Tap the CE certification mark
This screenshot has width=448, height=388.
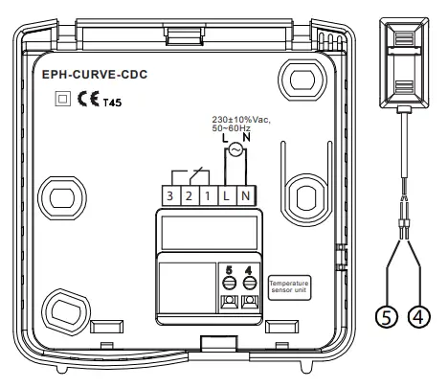[84, 98]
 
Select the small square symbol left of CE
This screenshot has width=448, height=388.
[62, 98]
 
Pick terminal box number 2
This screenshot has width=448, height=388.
[188, 195]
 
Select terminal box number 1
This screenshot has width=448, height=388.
[207, 195]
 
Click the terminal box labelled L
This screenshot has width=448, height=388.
[226, 195]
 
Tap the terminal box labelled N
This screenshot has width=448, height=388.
[245, 195]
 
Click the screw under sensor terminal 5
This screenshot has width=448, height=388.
[229, 284]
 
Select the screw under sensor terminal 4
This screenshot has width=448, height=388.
[249, 284]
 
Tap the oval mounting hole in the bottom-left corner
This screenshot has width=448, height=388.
[64, 310]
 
